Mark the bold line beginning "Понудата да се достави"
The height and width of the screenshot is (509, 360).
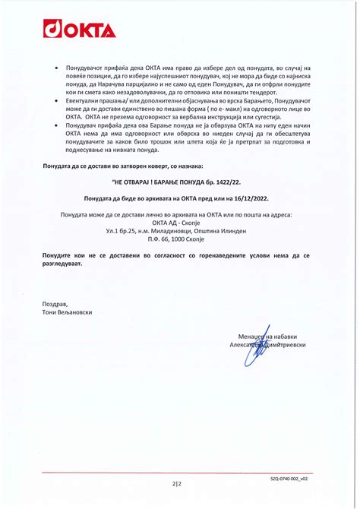coord(122,165)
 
